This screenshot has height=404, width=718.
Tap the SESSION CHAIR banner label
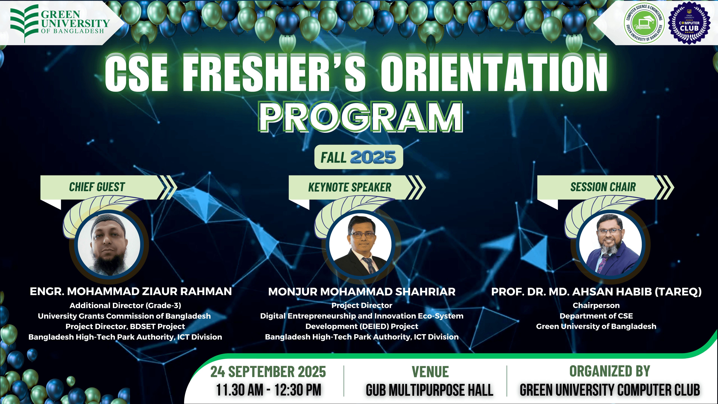[603, 187]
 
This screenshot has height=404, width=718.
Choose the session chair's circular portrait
[610, 244]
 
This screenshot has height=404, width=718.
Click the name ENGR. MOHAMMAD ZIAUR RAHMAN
[131, 291]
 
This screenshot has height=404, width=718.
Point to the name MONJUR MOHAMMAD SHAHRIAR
[362, 292]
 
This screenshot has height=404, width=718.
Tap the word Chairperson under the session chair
[596, 306]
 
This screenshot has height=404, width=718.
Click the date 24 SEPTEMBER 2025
[268, 372]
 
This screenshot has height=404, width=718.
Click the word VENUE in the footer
[430, 372]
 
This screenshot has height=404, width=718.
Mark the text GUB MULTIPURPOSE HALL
[429, 390]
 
